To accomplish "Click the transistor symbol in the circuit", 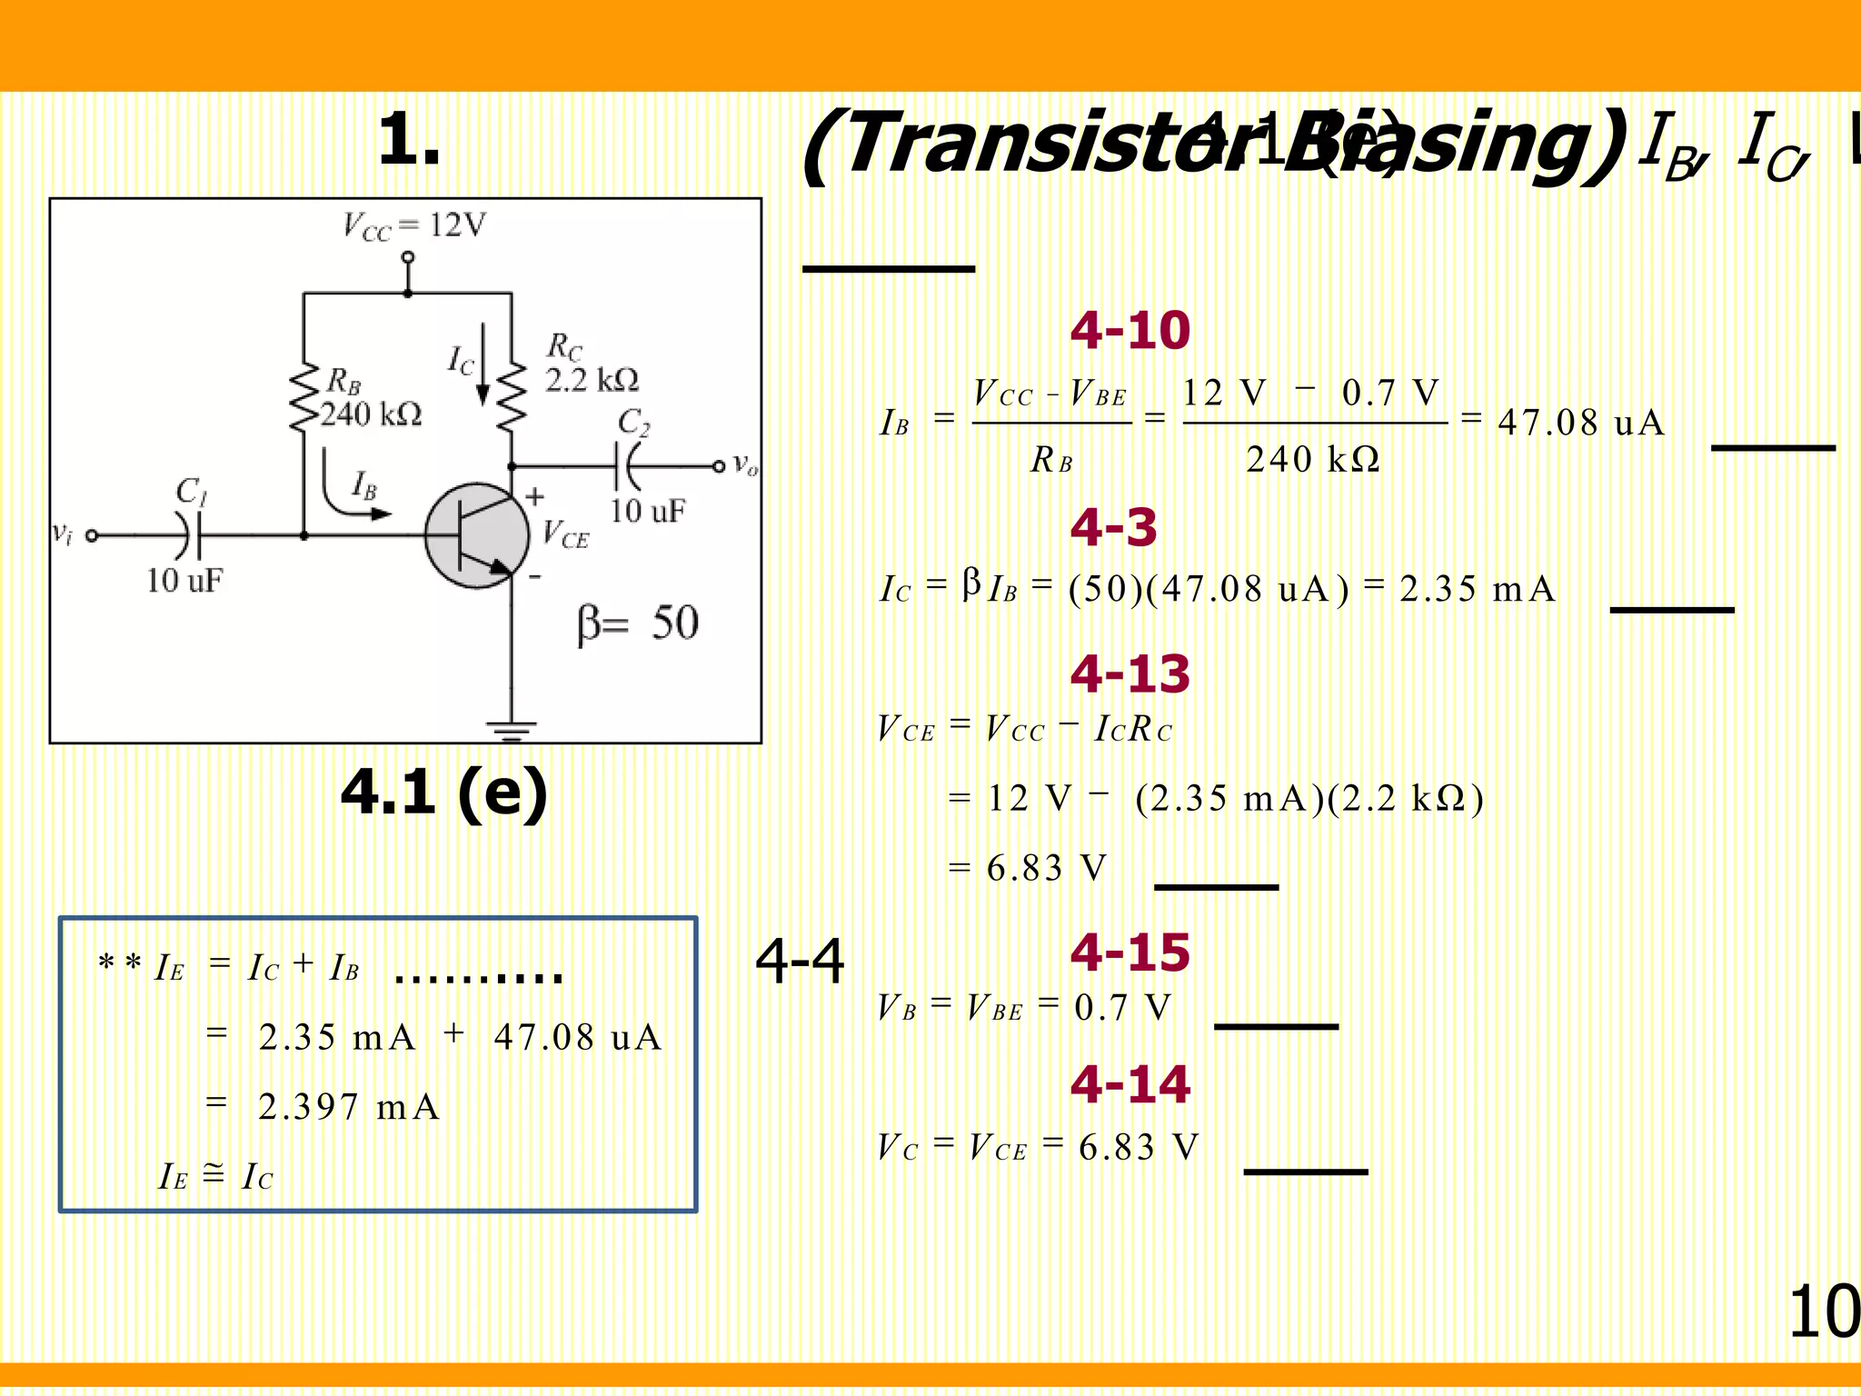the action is point(477,535).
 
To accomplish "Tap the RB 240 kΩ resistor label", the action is point(368,398).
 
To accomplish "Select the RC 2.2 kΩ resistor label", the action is point(591,364).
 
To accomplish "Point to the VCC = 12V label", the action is point(414,225).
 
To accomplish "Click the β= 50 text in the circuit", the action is point(638,623).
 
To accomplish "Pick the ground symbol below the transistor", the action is point(512,729).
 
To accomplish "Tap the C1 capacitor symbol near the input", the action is point(189,534).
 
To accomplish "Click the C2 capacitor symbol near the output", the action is point(626,466).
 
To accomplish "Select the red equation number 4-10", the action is point(1130,330).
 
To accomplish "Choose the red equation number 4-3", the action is point(1113,527).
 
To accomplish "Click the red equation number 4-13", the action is point(1130,673).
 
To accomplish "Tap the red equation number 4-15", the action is point(1130,952).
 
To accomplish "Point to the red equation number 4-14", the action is point(1130,1084).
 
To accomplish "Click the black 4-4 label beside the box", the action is point(800,962).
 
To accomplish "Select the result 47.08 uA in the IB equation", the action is point(1581,423).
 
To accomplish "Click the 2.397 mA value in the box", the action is point(349,1107).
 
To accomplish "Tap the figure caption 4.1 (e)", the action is point(443,793).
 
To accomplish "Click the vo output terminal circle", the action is point(719,466).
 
